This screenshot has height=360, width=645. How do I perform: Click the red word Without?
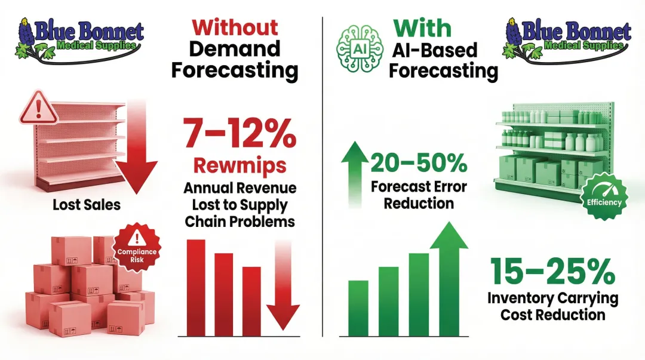(235, 27)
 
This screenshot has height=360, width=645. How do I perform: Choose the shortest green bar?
(358, 307)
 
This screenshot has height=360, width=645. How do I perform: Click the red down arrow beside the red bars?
(282, 287)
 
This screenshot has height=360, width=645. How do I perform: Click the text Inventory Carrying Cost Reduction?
(552, 306)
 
